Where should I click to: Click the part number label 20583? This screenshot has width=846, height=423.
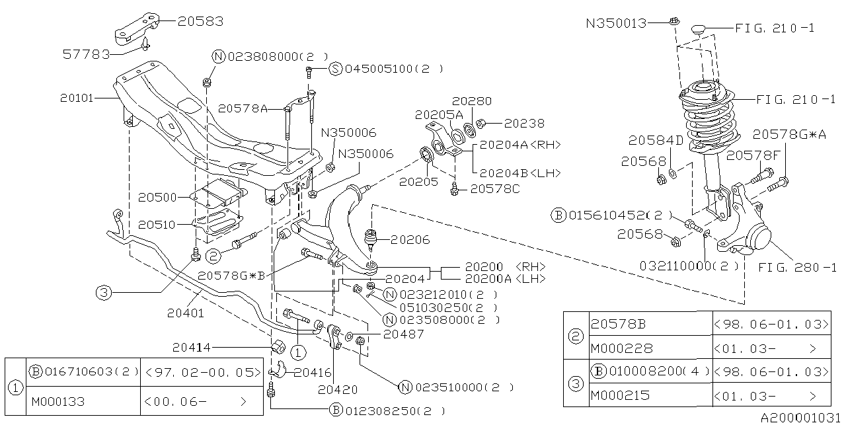pos(200,21)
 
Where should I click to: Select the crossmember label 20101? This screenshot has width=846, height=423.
pos(77,98)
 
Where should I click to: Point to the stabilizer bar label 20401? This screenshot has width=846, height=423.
pos(186,313)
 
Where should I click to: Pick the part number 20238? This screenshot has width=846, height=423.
pos(524,123)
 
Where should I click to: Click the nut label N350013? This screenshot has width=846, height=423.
pos(615,22)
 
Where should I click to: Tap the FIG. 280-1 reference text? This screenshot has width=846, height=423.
pos(796,268)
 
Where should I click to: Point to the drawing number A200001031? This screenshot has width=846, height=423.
pos(802,417)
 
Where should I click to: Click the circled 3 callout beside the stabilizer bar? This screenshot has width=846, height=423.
pos(104,292)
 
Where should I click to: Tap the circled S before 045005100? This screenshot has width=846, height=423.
pos(334,69)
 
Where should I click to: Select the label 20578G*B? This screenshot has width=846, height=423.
pos(231,275)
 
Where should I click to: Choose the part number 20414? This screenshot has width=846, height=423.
pos(192,346)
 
